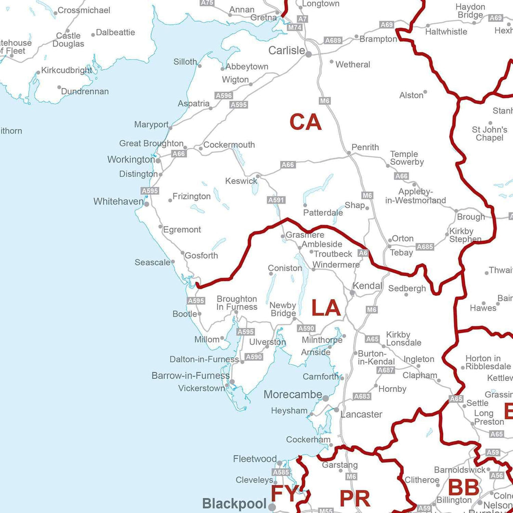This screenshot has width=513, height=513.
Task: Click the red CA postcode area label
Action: [x=305, y=122]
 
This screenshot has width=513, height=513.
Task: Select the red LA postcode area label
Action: [x=326, y=308]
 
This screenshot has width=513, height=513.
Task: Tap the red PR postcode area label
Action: [x=355, y=498]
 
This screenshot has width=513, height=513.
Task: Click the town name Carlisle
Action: [x=287, y=51]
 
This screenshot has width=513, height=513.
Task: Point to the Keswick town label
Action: [x=241, y=181]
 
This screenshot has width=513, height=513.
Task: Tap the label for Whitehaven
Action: [x=118, y=201]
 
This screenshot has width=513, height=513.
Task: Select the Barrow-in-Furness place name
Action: [x=190, y=376]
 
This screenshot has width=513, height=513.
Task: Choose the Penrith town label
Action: [x=365, y=147]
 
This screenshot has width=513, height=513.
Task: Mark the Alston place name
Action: [x=411, y=95]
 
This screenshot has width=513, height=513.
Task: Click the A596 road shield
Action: [x=223, y=95]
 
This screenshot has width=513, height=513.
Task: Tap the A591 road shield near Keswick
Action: [x=277, y=200]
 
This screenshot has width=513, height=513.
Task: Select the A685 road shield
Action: [x=425, y=246]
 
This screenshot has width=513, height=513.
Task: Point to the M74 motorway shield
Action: [x=295, y=28]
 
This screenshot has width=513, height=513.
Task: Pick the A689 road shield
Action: [x=333, y=40]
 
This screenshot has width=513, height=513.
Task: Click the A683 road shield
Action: [x=362, y=396]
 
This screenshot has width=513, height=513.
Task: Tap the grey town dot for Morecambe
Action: [x=326, y=398]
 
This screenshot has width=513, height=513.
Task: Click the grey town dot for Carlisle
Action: [x=309, y=54]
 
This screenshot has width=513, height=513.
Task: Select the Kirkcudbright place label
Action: [x=67, y=70]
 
